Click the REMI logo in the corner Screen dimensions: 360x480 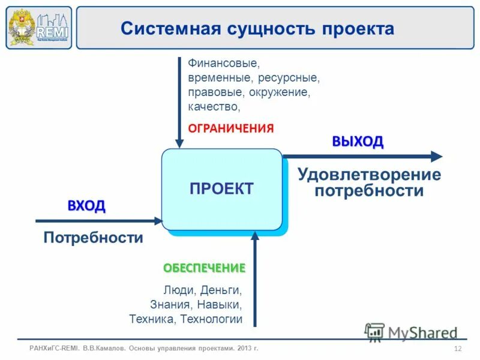pyautogui.click(x=38, y=28)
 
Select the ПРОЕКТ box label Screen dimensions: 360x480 pyautogui.click(x=221, y=188)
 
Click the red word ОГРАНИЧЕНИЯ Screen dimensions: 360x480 pyautogui.click(x=231, y=128)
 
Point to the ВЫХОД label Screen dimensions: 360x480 pyautogui.click(x=358, y=142)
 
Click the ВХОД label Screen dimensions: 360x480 pyautogui.click(x=86, y=206)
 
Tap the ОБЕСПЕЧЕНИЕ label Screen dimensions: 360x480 pyautogui.click(x=205, y=268)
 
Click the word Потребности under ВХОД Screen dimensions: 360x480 pyautogui.click(x=93, y=238)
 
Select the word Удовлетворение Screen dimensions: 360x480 pyautogui.click(x=369, y=175)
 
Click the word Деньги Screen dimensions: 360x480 pyautogui.click(x=221, y=290)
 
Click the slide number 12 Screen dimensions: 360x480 pyautogui.click(x=458, y=349)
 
